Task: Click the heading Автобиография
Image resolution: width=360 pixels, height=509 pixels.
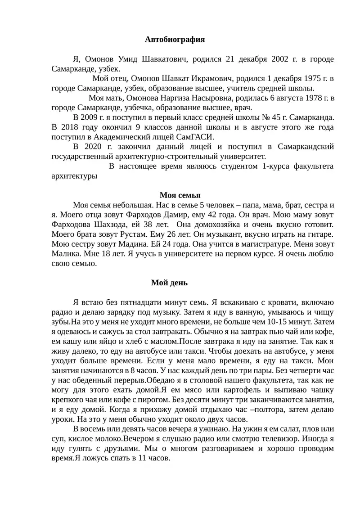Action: pos(175,40)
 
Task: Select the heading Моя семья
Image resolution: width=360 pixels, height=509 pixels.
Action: pos(180,195)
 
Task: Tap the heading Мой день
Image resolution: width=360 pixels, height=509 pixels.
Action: pos(169,283)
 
